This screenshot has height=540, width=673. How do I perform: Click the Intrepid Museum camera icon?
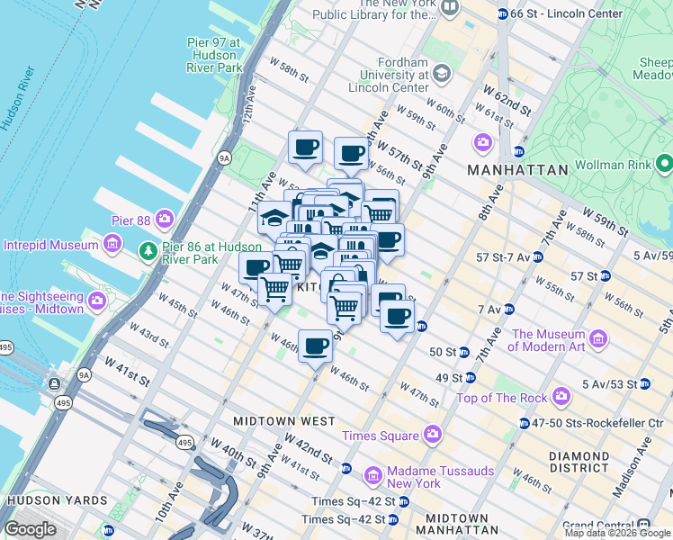coord(112,244)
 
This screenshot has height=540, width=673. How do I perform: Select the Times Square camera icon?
coord(433,436)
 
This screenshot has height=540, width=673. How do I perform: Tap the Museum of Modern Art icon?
coord(599,339)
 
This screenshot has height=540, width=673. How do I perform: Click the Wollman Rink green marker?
coord(664,164)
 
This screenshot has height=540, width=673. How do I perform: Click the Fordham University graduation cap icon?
coord(441,73)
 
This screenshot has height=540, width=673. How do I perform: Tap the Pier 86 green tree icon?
coord(147,251)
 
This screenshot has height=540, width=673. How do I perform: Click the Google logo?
coord(30,529)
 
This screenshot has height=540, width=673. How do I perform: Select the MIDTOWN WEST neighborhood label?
coord(283,421)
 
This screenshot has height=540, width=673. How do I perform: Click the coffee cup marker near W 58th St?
coord(305,147)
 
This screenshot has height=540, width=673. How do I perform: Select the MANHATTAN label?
coord(517,169)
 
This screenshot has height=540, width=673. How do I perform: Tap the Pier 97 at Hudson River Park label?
coord(213,55)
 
